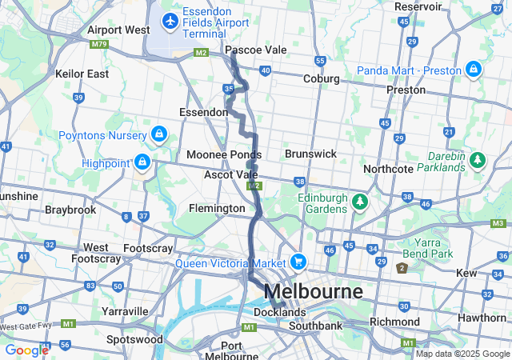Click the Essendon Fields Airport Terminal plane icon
pyautogui.click(x=170, y=19)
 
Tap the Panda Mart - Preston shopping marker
pyautogui.click(x=474, y=69)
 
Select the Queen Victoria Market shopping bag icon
pyautogui.click(x=298, y=262)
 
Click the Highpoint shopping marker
pyautogui.click(x=142, y=162)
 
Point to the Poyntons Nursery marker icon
pyautogui.click(x=159, y=133)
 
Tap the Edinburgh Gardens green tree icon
pyautogui.click(x=361, y=199)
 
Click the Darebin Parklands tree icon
pyautogui.click(x=478, y=159)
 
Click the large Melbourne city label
pyautogui.click(x=313, y=290)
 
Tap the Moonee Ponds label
pyautogui.click(x=224, y=154)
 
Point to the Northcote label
pyautogui.click(x=388, y=169)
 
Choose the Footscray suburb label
pyautogui.click(x=148, y=248)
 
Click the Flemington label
pyautogui.click(x=217, y=208)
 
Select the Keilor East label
pyautogui.click(x=82, y=74)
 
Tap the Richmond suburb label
pyautogui.click(x=394, y=322)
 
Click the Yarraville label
pyautogui.click(x=125, y=310)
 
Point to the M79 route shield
pyautogui.click(x=99, y=45)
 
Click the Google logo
pyautogui.click(x=26, y=350)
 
